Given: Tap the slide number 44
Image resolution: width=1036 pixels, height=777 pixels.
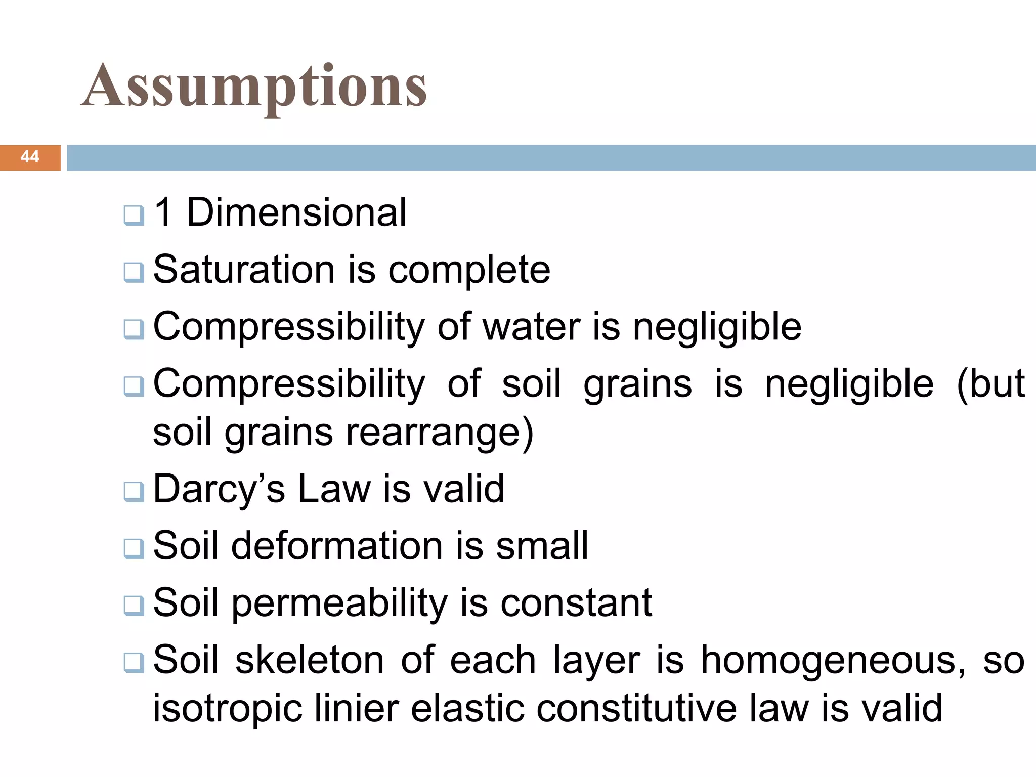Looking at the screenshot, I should pyautogui.click(x=30, y=157).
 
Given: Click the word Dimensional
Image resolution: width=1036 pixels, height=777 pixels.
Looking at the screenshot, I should pyautogui.click(x=296, y=212).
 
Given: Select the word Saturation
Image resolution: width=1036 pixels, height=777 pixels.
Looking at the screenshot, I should pyautogui.click(x=244, y=270).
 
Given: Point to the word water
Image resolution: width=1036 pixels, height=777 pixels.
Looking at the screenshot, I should pyautogui.click(x=531, y=327).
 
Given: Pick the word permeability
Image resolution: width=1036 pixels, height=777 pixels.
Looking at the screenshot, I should pyautogui.click(x=340, y=603).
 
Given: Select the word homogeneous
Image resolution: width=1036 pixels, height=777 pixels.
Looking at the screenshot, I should pyautogui.click(x=833, y=661).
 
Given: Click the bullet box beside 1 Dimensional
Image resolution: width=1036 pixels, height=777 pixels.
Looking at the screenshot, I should pyautogui.click(x=134, y=215).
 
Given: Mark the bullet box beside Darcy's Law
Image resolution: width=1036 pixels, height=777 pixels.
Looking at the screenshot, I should pyautogui.click(x=134, y=491).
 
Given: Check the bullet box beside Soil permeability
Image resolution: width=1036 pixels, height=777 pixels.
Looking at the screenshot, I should pyautogui.click(x=134, y=605).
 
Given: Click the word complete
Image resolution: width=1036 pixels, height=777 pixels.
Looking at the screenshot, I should pyautogui.click(x=469, y=270).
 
